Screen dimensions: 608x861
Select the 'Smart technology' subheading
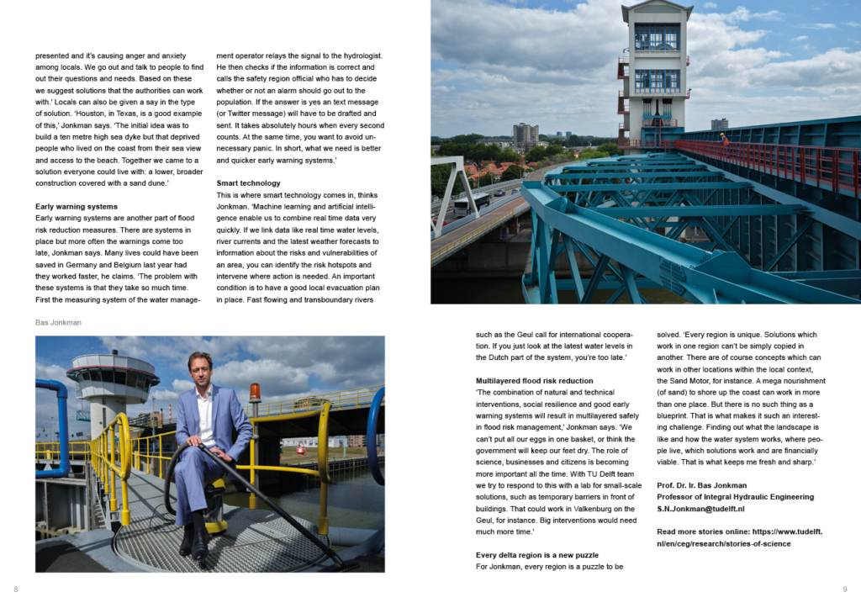[x=248, y=182]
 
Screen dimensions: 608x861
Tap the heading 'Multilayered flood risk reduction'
[x=534, y=381]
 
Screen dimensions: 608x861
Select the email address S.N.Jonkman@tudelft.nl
[x=702, y=509]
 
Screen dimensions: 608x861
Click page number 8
[x=15, y=589]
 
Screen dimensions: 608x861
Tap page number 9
[x=844, y=589]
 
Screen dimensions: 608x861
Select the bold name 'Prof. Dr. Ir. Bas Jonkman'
[x=703, y=485]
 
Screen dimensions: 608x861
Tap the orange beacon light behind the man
[x=255, y=392]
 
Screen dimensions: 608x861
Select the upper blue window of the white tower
[x=657, y=36]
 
